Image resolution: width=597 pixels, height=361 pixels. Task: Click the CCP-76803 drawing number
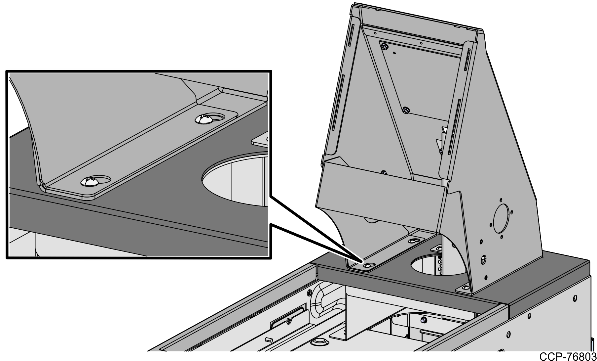pos(568,356)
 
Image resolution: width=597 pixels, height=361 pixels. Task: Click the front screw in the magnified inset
pos(89,181)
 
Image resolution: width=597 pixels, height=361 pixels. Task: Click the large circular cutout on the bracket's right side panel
pos(502,217)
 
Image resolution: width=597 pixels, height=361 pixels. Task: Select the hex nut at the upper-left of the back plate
pos(384,46)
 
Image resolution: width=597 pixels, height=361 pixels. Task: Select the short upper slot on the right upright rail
pos(466,58)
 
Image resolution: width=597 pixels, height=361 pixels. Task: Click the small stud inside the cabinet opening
pos(423,320)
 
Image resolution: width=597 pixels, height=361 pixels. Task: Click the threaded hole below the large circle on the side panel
pos(483,258)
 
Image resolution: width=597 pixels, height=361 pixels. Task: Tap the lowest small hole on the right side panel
pos(486,277)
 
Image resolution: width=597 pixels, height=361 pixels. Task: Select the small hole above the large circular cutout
pos(501,200)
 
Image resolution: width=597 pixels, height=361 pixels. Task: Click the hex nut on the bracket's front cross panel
pos(384,172)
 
